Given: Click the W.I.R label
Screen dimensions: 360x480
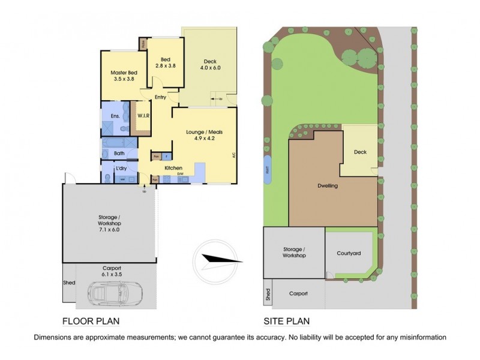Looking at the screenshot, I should tap(143, 115).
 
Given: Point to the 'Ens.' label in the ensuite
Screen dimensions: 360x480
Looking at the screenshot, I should tap(115, 116).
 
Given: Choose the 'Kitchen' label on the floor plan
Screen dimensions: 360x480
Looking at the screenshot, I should tap(173, 168).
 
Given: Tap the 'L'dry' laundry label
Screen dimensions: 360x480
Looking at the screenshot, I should tap(120, 168).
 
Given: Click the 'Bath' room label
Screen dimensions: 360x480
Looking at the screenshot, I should tap(119, 153).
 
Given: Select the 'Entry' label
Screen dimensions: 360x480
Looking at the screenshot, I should tap(160, 97).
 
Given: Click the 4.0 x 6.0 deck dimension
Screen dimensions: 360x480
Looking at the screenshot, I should tap(210, 68).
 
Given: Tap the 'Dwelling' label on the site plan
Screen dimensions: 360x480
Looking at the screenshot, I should tap(328, 186).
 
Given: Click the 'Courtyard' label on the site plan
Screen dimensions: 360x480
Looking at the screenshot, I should tap(349, 254).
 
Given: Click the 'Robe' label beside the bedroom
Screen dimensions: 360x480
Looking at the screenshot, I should tap(143, 44).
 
